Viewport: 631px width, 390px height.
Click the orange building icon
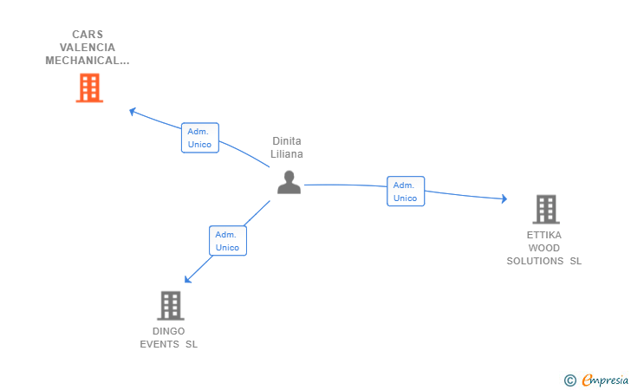tap(89, 88)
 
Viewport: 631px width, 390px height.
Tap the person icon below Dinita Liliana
tap(289, 182)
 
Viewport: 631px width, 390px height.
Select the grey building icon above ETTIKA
tap(546, 209)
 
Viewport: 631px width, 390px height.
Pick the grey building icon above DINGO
tap(171, 305)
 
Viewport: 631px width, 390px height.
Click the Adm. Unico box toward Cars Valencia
tap(200, 138)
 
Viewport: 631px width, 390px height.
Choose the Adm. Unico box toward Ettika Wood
tap(406, 192)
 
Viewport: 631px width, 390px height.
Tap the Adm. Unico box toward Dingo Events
tap(228, 241)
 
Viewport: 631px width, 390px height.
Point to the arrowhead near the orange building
tap(133, 112)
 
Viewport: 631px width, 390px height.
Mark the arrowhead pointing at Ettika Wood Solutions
tap(504, 198)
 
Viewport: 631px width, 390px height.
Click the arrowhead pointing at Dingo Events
tap(187, 279)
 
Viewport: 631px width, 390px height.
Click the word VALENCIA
tap(88, 48)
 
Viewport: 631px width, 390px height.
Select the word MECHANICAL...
tap(81, 61)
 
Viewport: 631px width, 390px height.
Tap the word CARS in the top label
tap(88, 34)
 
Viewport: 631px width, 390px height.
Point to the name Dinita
tap(287, 141)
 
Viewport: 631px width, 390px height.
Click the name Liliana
tap(287, 154)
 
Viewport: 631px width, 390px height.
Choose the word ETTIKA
tap(544, 235)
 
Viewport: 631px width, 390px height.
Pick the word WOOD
tap(544, 248)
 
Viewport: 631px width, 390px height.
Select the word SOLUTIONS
tap(535, 261)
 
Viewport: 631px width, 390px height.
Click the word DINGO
tap(169, 331)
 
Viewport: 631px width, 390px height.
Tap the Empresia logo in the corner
tap(596, 380)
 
